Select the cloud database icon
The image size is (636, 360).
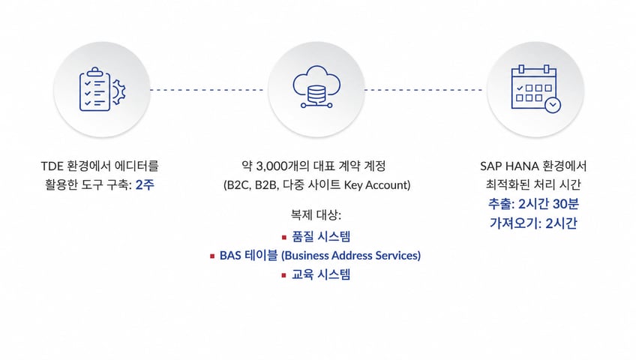tap(316, 87)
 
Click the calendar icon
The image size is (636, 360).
tap(535, 88)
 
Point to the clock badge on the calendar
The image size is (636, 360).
tap(552, 105)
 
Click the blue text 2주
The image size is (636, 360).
tap(145, 184)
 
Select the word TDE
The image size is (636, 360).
tap(52, 166)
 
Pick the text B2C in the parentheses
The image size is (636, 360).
tap(238, 185)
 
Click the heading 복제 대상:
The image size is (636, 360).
tap(316, 214)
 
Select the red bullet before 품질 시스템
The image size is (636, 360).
tap(284, 237)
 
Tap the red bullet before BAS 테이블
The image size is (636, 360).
tap(212, 256)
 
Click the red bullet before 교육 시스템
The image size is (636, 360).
tap(284, 275)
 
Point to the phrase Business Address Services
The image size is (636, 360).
tap(351, 256)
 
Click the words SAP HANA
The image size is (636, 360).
tap(509, 166)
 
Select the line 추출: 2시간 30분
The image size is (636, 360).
tap(533, 204)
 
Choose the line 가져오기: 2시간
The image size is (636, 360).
tap(533, 223)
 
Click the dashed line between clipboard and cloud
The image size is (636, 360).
tap(206, 89)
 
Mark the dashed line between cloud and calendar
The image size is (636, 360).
tap(423, 89)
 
